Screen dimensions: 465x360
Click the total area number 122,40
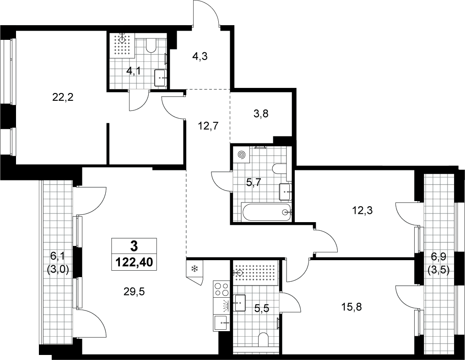(134, 262)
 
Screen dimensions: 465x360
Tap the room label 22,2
(63, 97)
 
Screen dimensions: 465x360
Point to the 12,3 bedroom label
(362, 210)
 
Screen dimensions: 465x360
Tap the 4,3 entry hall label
(200, 56)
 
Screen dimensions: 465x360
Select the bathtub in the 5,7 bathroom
(267, 212)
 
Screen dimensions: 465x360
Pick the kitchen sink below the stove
(222, 322)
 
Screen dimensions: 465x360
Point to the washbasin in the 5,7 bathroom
(285, 192)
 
